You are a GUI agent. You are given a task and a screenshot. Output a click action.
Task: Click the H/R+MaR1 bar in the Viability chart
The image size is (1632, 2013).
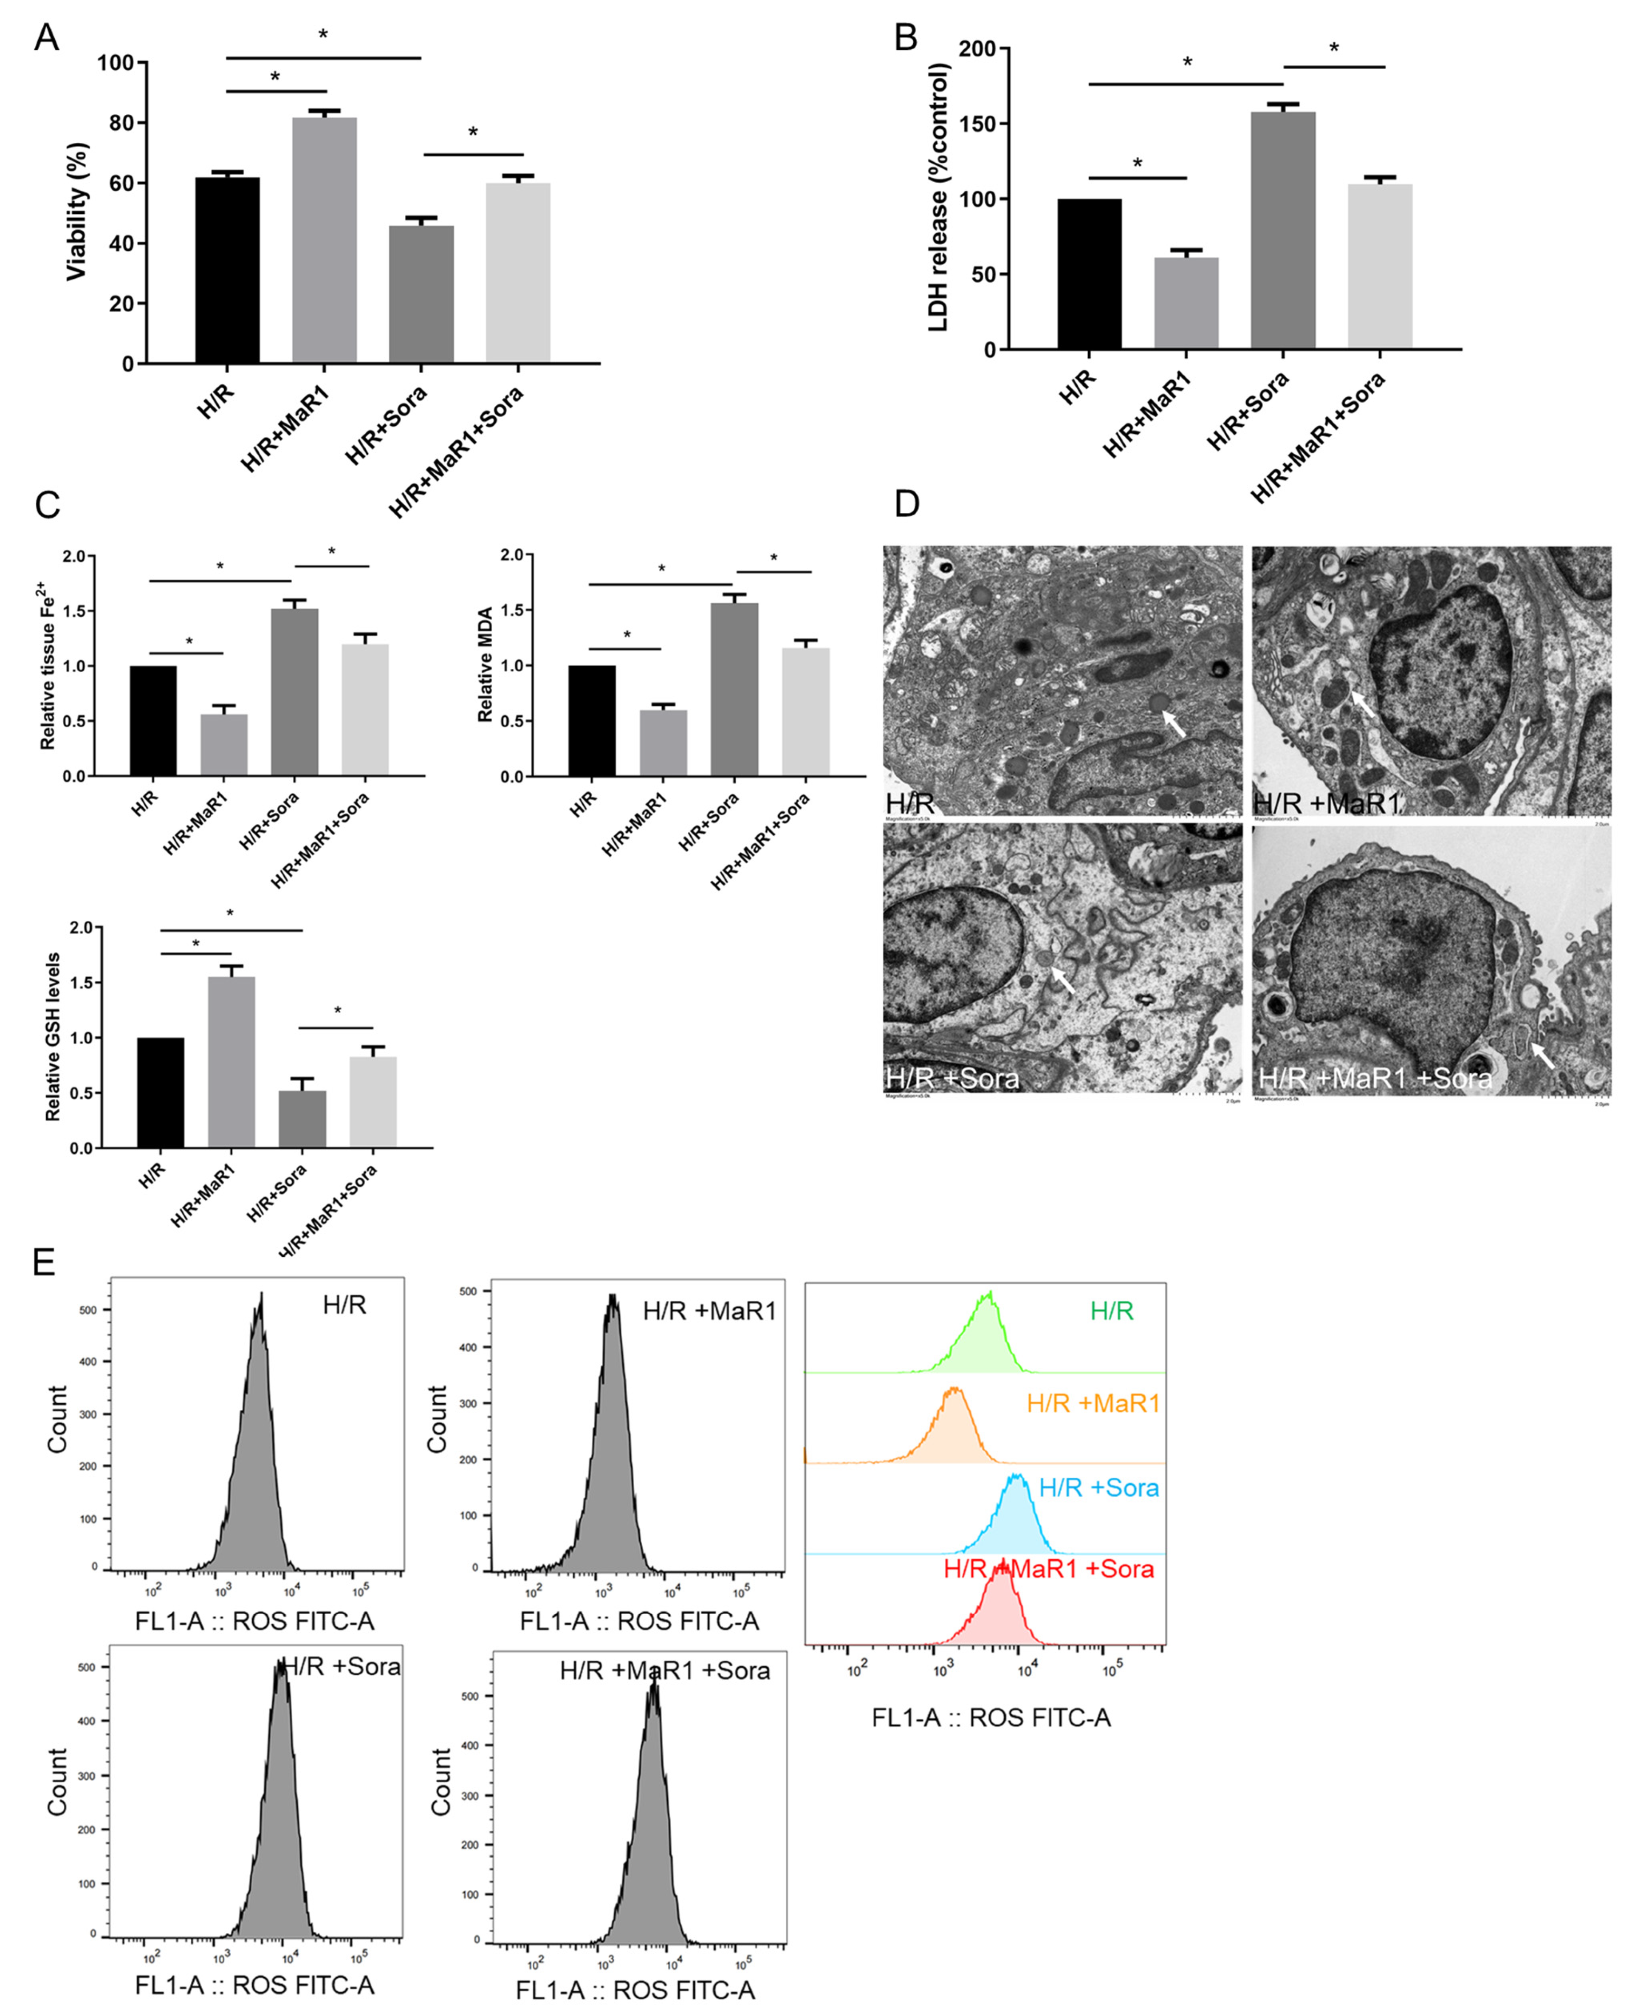click(325, 240)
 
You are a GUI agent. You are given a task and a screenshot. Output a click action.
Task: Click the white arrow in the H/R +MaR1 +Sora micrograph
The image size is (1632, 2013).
click(1542, 1055)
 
